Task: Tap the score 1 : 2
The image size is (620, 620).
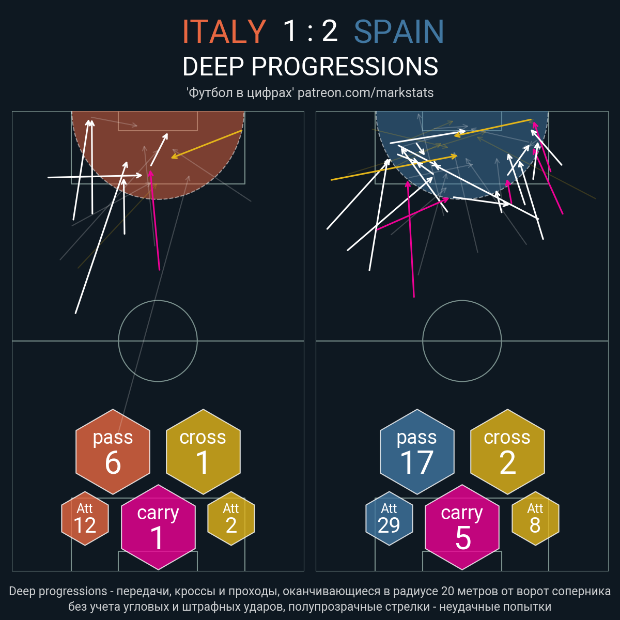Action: tap(310, 31)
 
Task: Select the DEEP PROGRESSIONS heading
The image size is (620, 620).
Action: tap(310, 67)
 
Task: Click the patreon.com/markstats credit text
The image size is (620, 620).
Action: tap(365, 93)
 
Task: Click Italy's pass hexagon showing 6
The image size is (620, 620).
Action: tap(113, 452)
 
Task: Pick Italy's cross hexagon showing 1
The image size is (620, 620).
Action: tap(203, 452)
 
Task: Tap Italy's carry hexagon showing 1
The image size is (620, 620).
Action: tap(158, 528)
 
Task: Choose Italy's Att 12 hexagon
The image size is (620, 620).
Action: tap(85, 518)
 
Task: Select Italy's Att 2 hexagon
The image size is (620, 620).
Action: tap(231, 518)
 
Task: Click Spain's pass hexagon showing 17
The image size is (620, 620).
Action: tap(417, 452)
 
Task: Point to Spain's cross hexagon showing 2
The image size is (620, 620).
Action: tap(507, 452)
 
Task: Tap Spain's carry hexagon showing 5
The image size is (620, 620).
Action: tap(462, 528)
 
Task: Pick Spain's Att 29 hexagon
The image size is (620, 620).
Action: tap(389, 518)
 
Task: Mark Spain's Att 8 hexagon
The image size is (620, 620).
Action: tap(535, 518)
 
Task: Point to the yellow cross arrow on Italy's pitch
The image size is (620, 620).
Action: tap(207, 144)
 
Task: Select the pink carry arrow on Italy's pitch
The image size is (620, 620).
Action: tap(155, 220)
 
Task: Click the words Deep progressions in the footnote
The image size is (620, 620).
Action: tap(58, 592)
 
